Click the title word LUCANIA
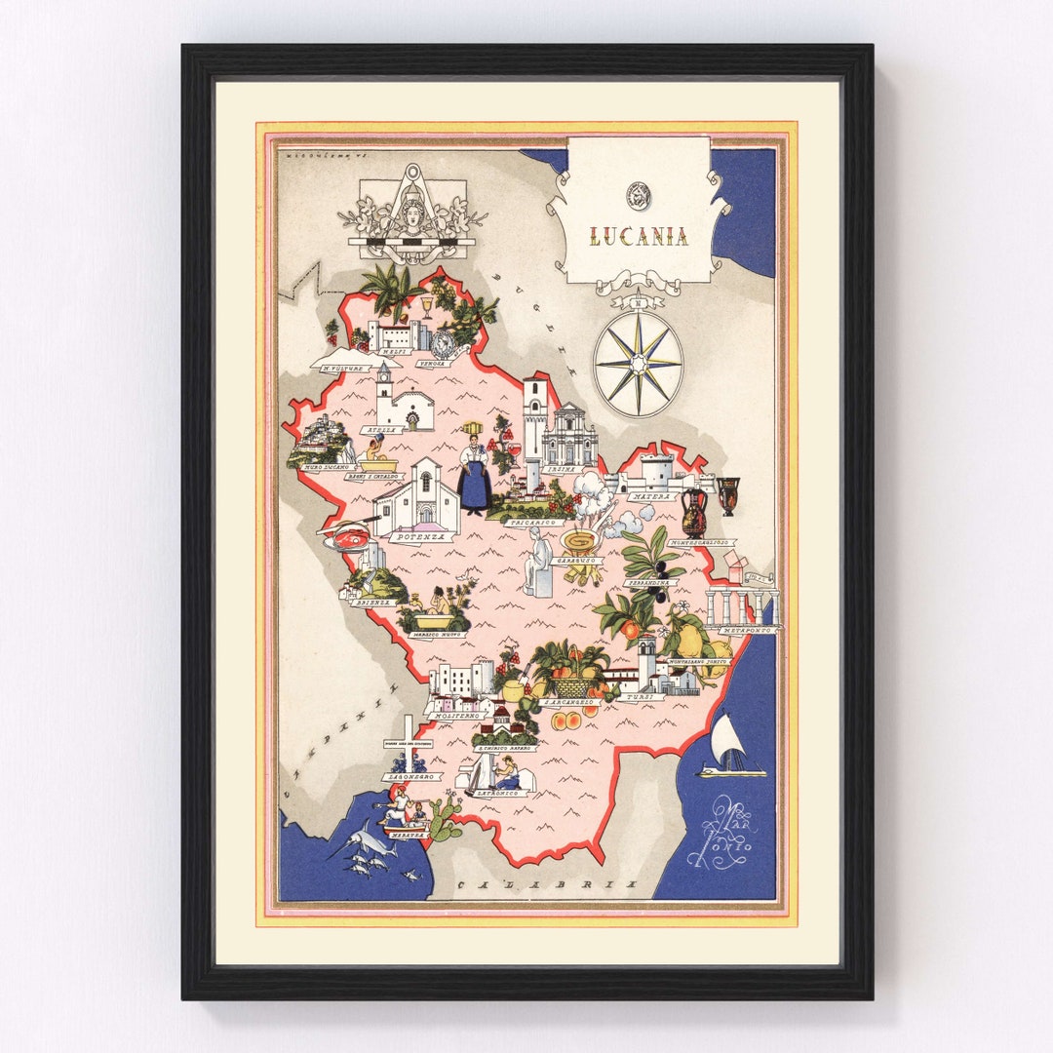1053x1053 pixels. (638, 236)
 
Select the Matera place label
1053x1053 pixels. (651, 496)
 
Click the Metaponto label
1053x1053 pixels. (746, 631)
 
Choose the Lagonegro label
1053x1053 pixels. (410, 776)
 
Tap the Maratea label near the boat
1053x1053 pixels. (406, 835)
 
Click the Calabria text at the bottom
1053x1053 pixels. (546, 883)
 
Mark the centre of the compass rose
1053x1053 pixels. (639, 363)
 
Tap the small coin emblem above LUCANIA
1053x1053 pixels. (638, 193)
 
